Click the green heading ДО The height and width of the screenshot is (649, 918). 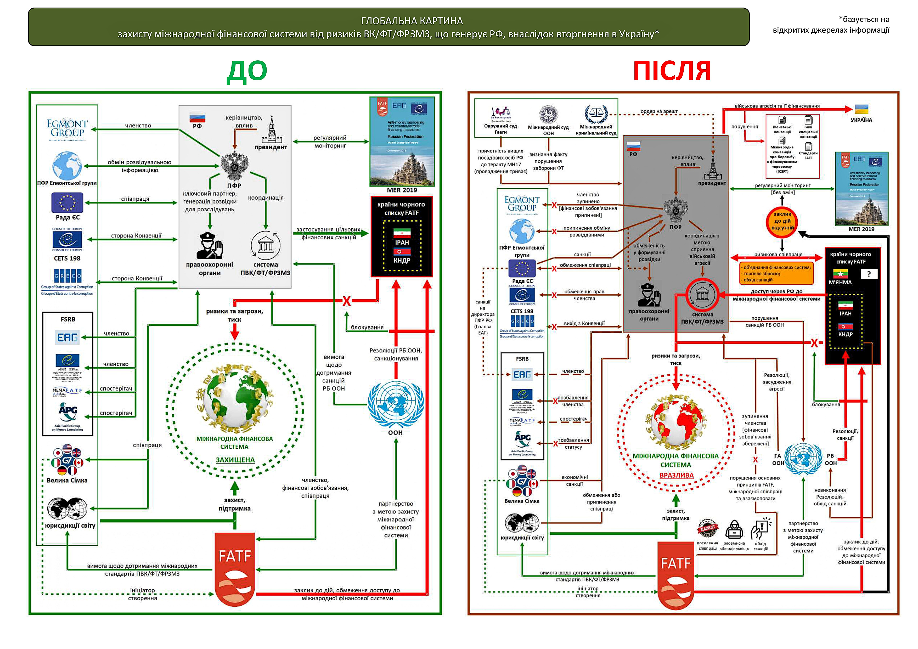(x=247, y=71)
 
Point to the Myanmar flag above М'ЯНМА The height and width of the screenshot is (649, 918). (x=841, y=274)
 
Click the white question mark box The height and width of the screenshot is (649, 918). (x=869, y=274)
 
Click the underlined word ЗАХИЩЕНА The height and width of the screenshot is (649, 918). (x=235, y=460)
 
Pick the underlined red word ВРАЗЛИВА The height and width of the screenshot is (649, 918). (x=676, y=476)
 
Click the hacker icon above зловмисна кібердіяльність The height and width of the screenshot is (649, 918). (x=734, y=529)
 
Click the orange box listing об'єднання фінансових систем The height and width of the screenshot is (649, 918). (x=776, y=274)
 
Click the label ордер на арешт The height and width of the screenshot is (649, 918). (x=659, y=111)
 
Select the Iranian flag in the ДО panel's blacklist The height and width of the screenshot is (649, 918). (x=402, y=233)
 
